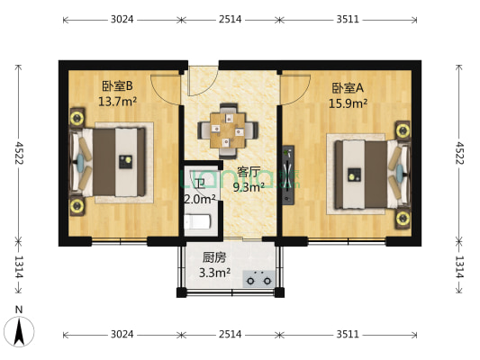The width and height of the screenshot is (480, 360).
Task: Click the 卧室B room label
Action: pyautogui.click(x=117, y=86)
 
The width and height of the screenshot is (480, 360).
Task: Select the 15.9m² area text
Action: pyautogui.click(x=348, y=103)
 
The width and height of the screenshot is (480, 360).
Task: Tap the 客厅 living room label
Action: pyautogui.click(x=249, y=172)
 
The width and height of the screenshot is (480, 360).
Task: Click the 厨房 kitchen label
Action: pyautogui.click(x=213, y=256)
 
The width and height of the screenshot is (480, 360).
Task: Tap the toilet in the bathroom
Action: pyautogui.click(x=199, y=221)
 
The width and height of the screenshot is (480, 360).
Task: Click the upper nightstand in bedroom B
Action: pyautogui.click(x=77, y=119)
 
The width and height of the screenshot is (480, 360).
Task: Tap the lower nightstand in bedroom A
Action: pyautogui.click(x=402, y=216)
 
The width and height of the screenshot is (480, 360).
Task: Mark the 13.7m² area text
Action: pyautogui.click(x=117, y=101)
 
